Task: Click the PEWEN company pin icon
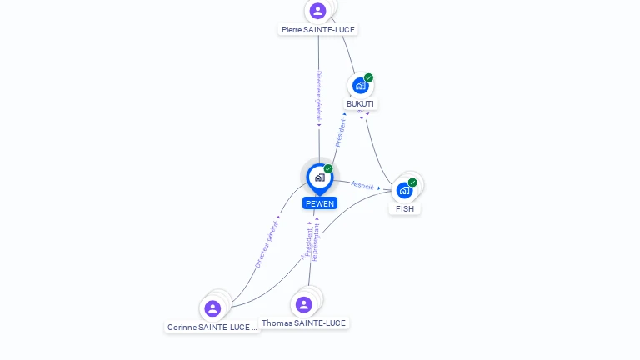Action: pos(319,177)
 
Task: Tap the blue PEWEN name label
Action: pos(320,203)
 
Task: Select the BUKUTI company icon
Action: pos(360,86)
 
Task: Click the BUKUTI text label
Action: pos(361,104)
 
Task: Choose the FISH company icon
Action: pos(404,190)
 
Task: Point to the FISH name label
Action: pos(405,208)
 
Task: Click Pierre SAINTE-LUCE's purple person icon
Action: pos(317,11)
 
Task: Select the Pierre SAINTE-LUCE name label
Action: pos(318,30)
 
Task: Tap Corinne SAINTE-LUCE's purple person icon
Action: pos(212,308)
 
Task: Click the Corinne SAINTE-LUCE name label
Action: pos(212,327)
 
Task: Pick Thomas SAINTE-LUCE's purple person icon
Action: pos(303,304)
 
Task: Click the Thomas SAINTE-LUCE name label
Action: pos(303,322)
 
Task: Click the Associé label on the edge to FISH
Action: pos(362,185)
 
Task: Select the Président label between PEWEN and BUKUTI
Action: pos(340,132)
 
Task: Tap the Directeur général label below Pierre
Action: pos(318,96)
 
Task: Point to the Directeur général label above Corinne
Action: pos(267,244)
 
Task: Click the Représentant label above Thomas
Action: pos(316,242)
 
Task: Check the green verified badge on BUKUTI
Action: pos(368,78)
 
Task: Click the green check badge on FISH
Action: pos(412,182)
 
